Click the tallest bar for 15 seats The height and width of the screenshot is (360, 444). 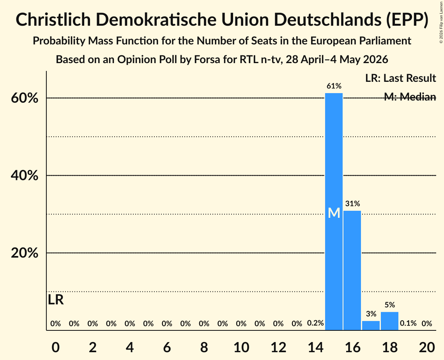click(334, 212)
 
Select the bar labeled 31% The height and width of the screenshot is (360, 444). click(352, 270)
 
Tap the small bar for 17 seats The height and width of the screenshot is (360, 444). click(371, 325)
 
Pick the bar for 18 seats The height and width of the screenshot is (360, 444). click(390, 321)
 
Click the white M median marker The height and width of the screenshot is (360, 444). click(334, 213)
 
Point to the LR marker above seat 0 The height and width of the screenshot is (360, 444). click(56, 300)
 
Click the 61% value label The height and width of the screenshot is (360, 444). click(334, 86)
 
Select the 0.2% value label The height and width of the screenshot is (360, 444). click(315, 323)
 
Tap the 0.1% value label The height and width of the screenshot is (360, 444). click(408, 323)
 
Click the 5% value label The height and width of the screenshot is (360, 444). click(390, 305)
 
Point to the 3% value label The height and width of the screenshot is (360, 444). click(371, 314)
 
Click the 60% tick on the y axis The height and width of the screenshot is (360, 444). click(25, 98)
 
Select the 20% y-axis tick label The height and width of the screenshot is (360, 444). click(25, 253)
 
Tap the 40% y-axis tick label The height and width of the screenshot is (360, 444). click(25, 175)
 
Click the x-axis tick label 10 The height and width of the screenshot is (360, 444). click(241, 347)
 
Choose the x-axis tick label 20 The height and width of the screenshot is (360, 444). click(427, 347)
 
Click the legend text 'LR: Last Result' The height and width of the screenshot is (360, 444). click(400, 78)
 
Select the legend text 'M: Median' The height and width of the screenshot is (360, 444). click(410, 97)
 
